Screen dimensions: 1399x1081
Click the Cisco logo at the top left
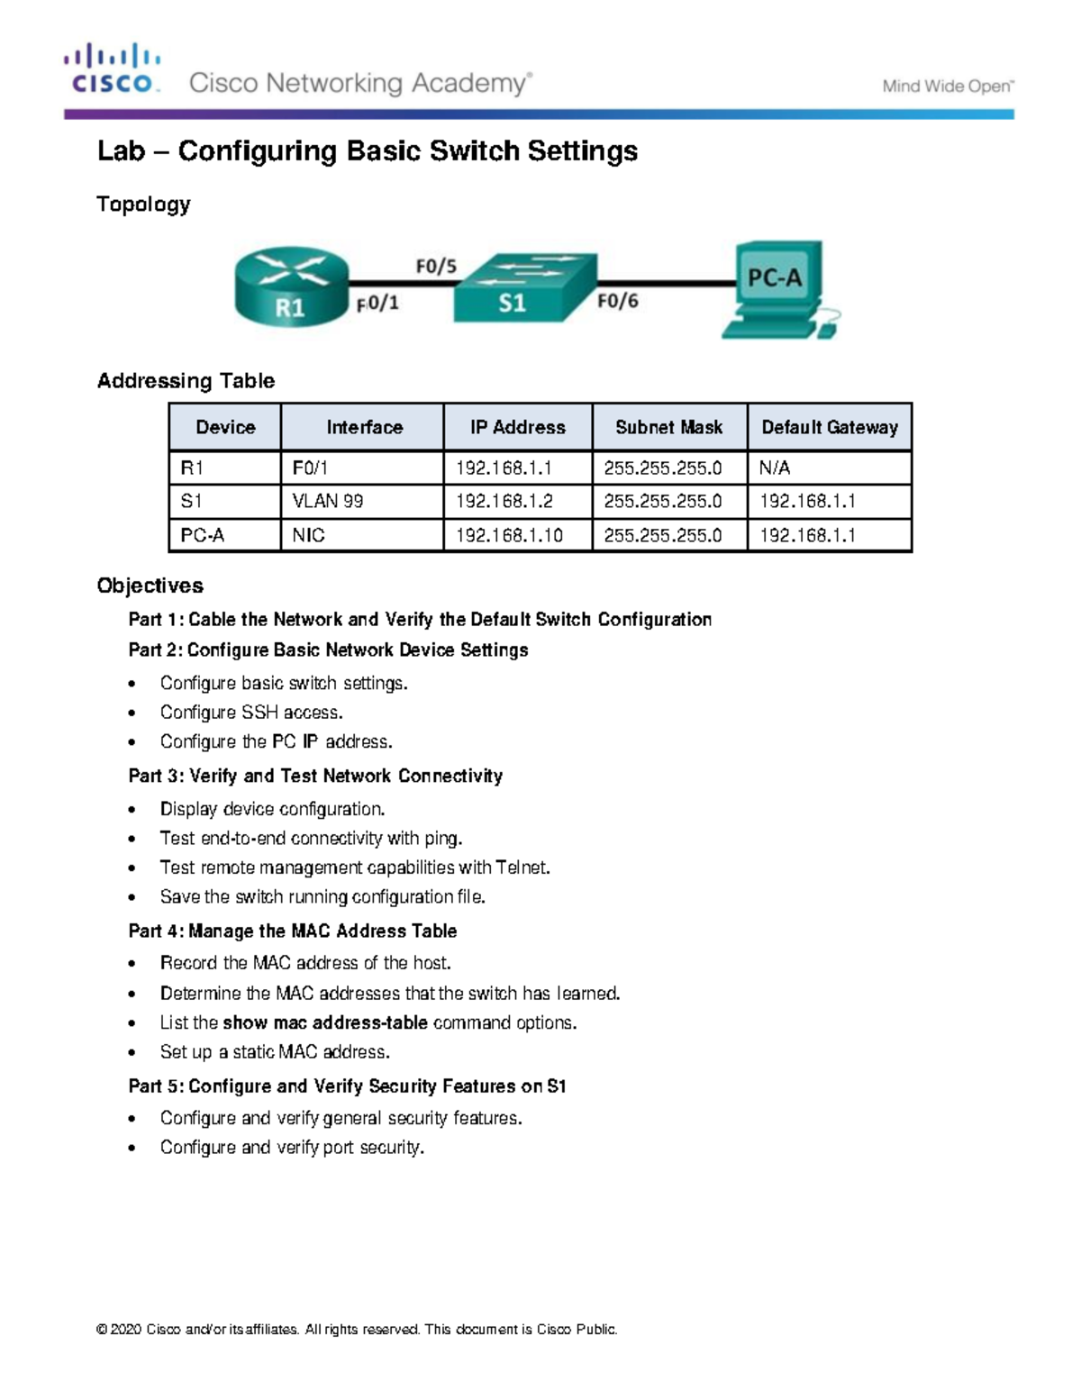point(113,69)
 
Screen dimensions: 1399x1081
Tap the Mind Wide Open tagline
point(948,86)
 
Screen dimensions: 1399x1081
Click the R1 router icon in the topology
point(291,286)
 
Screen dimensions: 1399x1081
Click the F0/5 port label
point(436,266)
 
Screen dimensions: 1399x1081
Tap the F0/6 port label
point(617,301)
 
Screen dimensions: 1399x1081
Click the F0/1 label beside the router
point(377,304)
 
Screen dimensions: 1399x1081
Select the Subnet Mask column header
point(668,427)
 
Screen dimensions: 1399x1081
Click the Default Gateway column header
point(829,427)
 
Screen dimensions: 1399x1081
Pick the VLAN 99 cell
point(328,501)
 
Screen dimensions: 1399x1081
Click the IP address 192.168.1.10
point(509,535)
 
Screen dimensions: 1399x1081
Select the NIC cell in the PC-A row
point(308,535)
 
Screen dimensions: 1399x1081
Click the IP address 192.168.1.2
point(504,501)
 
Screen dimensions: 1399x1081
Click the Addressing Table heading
point(186,381)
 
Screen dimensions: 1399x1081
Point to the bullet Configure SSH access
point(251,713)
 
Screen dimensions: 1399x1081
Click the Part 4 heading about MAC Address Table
point(293,931)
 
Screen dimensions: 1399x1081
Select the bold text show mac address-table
point(325,1022)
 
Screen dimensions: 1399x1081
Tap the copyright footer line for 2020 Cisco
point(357,1330)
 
